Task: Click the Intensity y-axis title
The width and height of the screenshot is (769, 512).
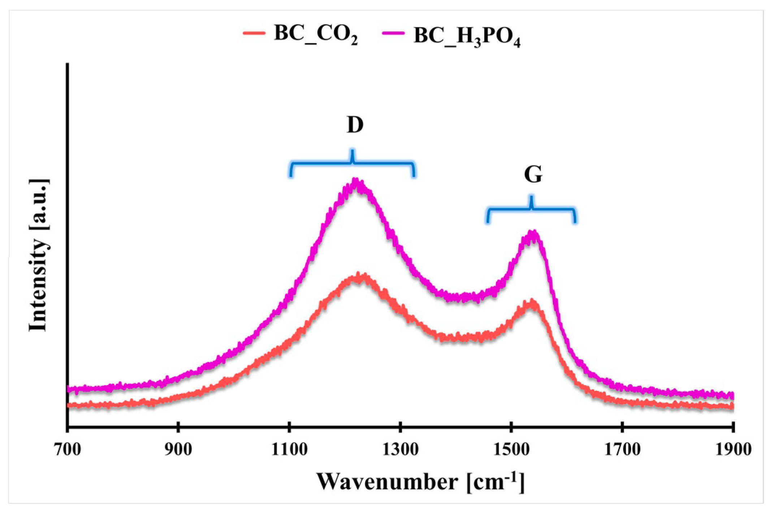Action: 39,255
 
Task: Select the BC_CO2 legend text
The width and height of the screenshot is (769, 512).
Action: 316,34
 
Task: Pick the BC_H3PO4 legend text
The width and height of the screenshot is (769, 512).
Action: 467,36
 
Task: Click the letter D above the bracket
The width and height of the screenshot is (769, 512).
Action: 355,125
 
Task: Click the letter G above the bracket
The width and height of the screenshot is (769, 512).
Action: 533,175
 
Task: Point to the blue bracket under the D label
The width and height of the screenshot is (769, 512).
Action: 352,163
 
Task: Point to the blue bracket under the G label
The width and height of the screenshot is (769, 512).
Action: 531,209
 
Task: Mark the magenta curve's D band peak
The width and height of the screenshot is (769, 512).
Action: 356,182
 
